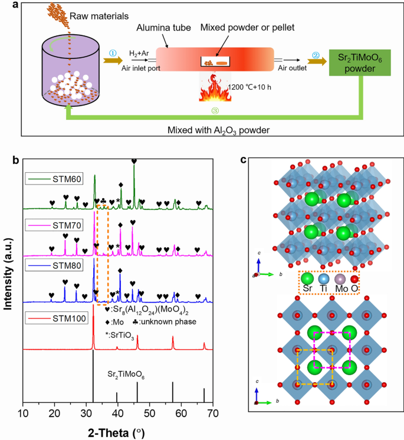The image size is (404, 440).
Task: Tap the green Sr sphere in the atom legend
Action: (x=307, y=278)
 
